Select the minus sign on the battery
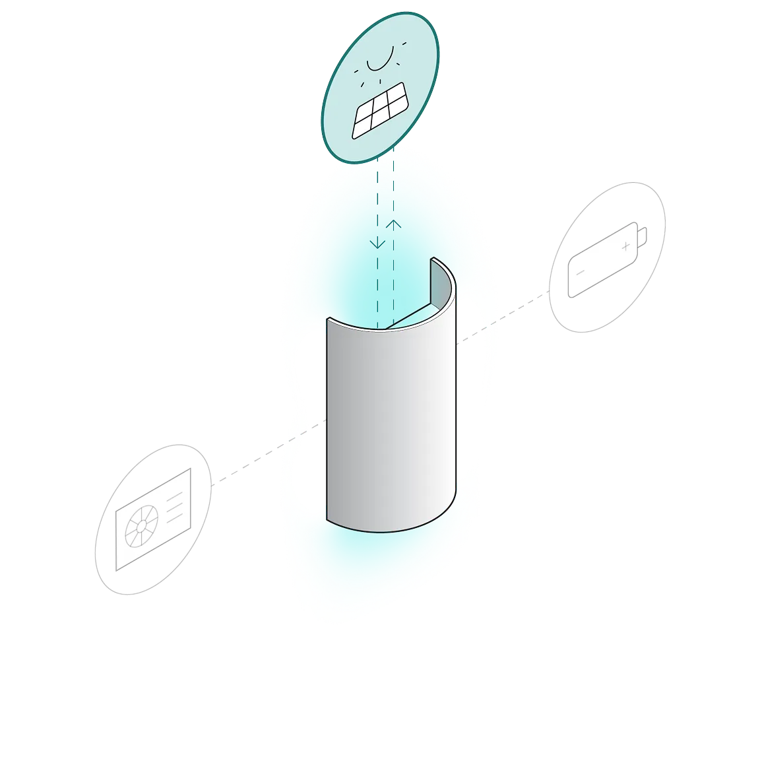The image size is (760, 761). click(x=580, y=272)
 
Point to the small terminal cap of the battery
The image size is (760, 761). click(x=642, y=234)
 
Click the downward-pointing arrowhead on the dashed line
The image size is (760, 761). click(x=377, y=244)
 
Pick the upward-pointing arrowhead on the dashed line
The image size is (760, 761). click(x=394, y=224)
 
